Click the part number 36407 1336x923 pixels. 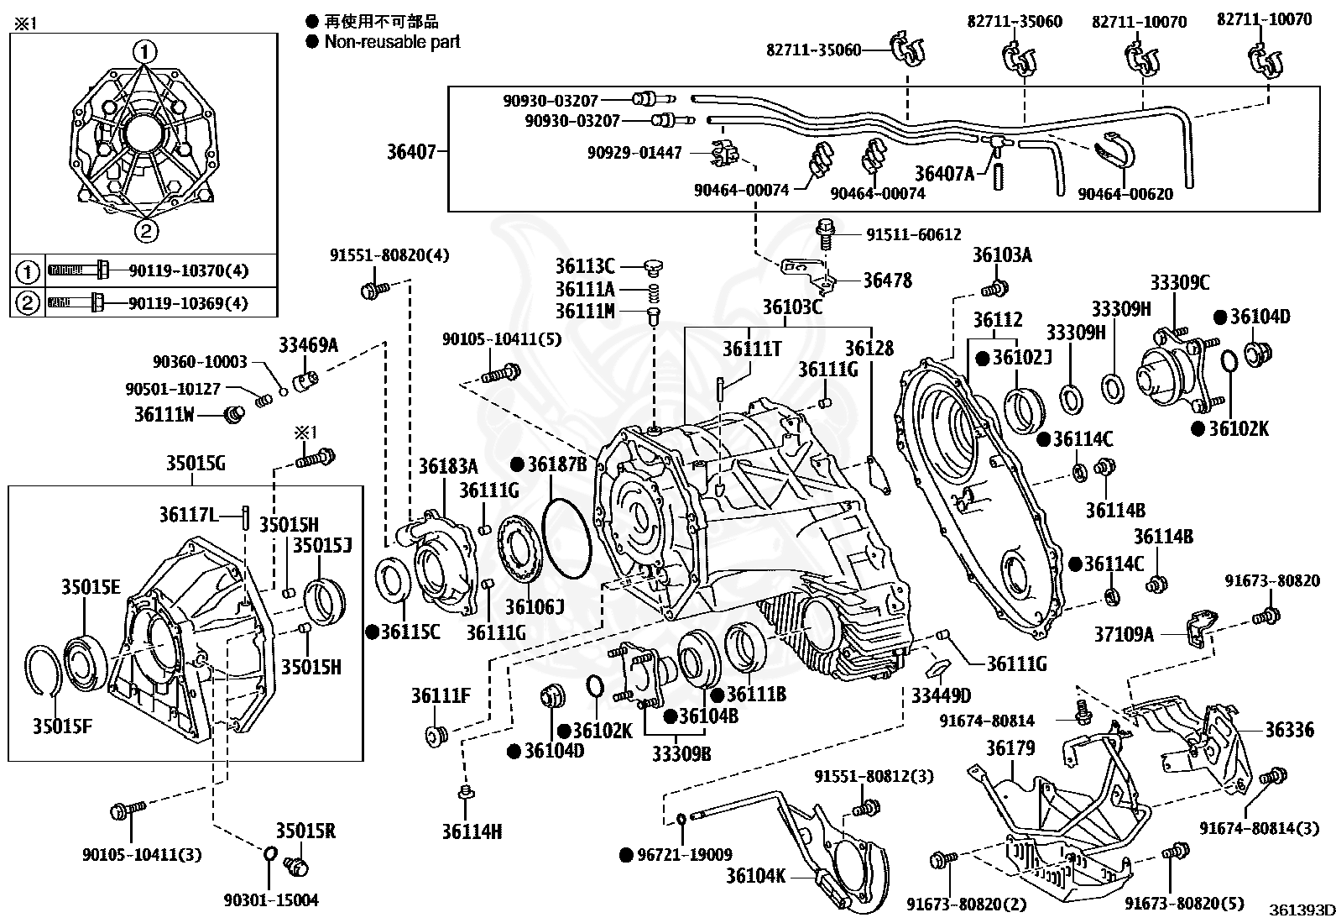[x=411, y=152]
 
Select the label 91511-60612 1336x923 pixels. [x=914, y=234]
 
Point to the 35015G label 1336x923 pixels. [x=196, y=464]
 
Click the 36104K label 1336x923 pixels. [x=755, y=876]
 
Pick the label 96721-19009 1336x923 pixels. [x=685, y=854]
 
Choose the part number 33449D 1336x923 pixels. [x=942, y=695]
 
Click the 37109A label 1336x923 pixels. [x=1125, y=634]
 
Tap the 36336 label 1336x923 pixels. [x=1290, y=729]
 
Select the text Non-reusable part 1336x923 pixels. [x=393, y=42]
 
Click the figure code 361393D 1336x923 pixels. [x=1302, y=910]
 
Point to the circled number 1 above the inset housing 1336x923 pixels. [x=145, y=52]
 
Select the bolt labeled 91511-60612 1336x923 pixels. [x=826, y=234]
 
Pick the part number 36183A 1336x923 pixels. [x=448, y=465]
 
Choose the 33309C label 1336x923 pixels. [x=1180, y=282]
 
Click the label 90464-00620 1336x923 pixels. [x=1125, y=194]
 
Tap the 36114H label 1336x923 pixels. [x=472, y=831]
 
